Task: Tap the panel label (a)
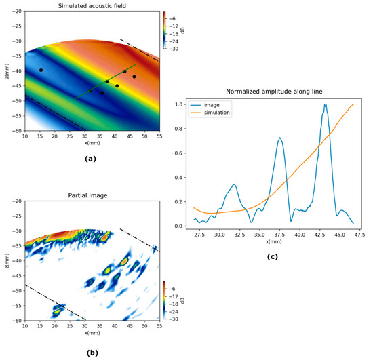89,158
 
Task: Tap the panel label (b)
90,353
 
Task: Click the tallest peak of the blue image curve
326,105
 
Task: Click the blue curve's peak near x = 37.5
280,138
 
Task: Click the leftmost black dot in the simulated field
41,71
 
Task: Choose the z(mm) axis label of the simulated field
5,72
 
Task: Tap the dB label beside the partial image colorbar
175,300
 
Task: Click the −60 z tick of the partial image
15,321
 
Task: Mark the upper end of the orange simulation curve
353,104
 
